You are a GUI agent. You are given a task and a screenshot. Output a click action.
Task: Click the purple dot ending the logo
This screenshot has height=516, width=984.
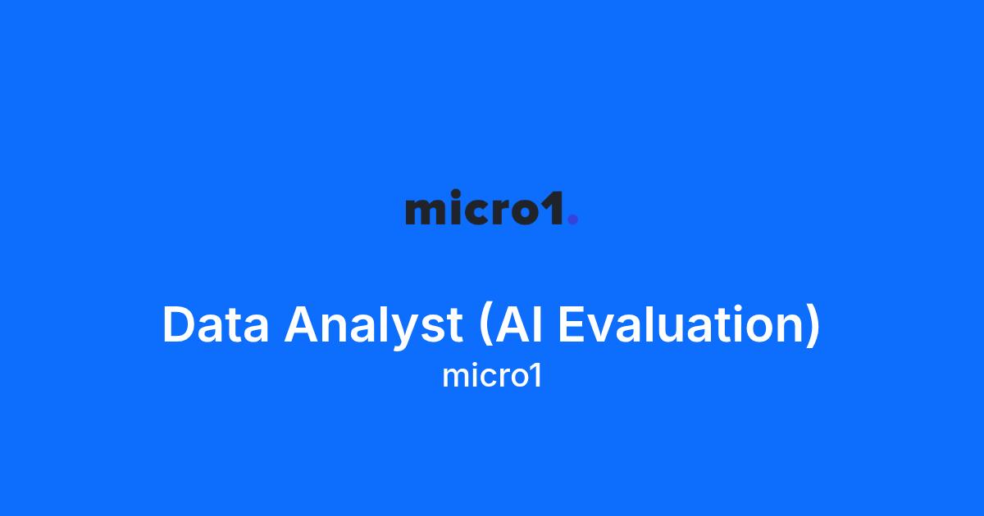coord(573,219)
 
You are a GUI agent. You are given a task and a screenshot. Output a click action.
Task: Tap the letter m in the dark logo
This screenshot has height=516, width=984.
coord(426,211)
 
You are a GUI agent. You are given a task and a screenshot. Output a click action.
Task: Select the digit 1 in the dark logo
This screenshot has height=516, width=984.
coord(553,207)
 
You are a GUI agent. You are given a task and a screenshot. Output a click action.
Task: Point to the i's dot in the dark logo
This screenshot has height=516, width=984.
coord(456,192)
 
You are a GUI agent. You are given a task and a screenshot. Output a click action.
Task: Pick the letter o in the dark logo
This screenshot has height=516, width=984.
coord(524,211)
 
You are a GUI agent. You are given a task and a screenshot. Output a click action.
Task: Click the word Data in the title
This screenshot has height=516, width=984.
coord(216,324)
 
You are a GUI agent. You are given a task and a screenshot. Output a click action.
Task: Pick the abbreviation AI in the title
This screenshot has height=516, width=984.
coord(519,324)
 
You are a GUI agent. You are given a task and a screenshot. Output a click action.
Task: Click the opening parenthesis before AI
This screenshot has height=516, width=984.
coord(485,327)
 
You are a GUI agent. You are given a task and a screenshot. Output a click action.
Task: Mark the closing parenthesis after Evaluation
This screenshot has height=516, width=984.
coord(813,327)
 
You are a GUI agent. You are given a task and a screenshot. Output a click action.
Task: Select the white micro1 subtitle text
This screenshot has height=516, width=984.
coord(492,377)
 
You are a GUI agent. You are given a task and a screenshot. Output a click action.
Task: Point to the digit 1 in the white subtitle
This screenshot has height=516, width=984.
coord(536,376)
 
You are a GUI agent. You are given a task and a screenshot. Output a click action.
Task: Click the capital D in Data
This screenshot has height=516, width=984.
coord(179,324)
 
